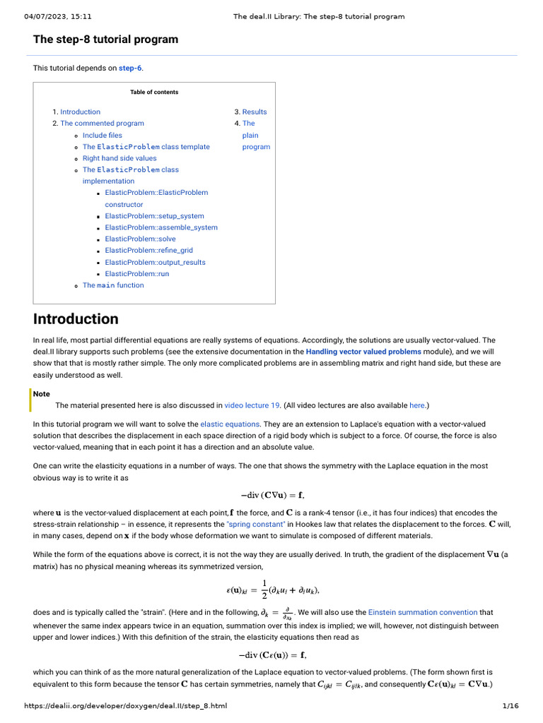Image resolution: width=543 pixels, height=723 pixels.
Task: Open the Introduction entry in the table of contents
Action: [80, 112]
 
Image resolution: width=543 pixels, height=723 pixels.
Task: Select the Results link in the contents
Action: [255, 112]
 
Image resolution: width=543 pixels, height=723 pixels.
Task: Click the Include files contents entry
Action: [102, 135]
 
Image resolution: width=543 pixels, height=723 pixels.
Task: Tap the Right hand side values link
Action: [119, 158]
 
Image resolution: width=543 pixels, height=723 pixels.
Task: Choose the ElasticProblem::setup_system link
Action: [154, 216]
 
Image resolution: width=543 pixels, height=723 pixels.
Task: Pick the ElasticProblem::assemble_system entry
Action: [161, 227]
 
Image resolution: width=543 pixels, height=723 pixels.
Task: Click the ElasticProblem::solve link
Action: [140, 239]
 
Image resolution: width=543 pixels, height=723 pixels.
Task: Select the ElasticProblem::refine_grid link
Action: [148, 250]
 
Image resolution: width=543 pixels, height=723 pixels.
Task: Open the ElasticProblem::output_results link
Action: [155, 262]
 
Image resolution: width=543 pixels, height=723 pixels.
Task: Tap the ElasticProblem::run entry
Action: [136, 273]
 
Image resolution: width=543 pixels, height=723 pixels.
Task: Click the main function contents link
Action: [112, 285]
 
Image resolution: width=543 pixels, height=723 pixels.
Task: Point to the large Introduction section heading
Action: [76, 318]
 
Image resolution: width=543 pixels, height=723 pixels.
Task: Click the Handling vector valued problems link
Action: [363, 351]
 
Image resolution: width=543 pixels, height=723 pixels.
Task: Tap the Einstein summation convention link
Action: [423, 612]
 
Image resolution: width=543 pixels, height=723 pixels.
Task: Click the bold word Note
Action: [42, 394]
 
